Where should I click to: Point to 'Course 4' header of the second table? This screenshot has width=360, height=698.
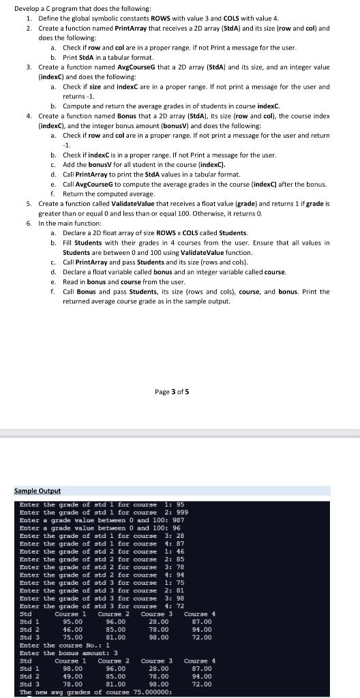200,661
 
